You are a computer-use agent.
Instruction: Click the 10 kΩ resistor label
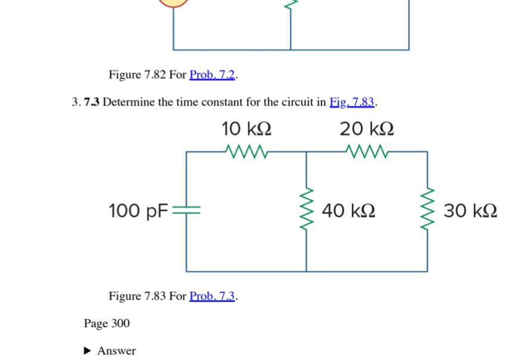[x=247, y=129]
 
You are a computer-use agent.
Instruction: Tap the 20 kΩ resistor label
[x=367, y=129]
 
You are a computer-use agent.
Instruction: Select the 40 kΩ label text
[x=349, y=211]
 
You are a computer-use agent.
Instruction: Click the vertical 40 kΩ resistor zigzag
[x=307, y=211]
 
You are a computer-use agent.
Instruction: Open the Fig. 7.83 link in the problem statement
[x=352, y=102]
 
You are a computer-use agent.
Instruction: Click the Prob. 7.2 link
[x=213, y=75]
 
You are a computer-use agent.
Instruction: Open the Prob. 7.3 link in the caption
[x=213, y=296]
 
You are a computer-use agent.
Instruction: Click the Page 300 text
[x=107, y=323]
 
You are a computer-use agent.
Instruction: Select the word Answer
[x=117, y=350]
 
